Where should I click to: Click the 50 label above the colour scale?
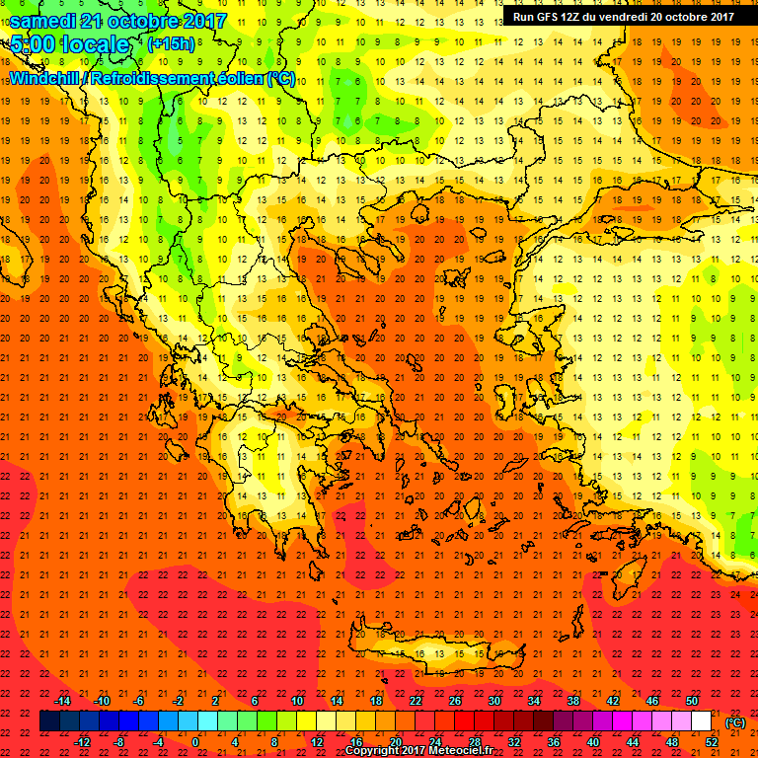coord(692,701)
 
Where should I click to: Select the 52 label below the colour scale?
coord(712,741)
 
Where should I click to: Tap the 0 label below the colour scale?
coord(195,741)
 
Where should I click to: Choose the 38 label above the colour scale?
coord(573,701)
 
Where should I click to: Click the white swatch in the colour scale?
coord(702,721)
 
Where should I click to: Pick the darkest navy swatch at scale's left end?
coord(49,721)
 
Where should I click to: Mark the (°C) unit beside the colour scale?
coord(735,722)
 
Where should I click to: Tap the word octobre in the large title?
coord(145,21)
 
